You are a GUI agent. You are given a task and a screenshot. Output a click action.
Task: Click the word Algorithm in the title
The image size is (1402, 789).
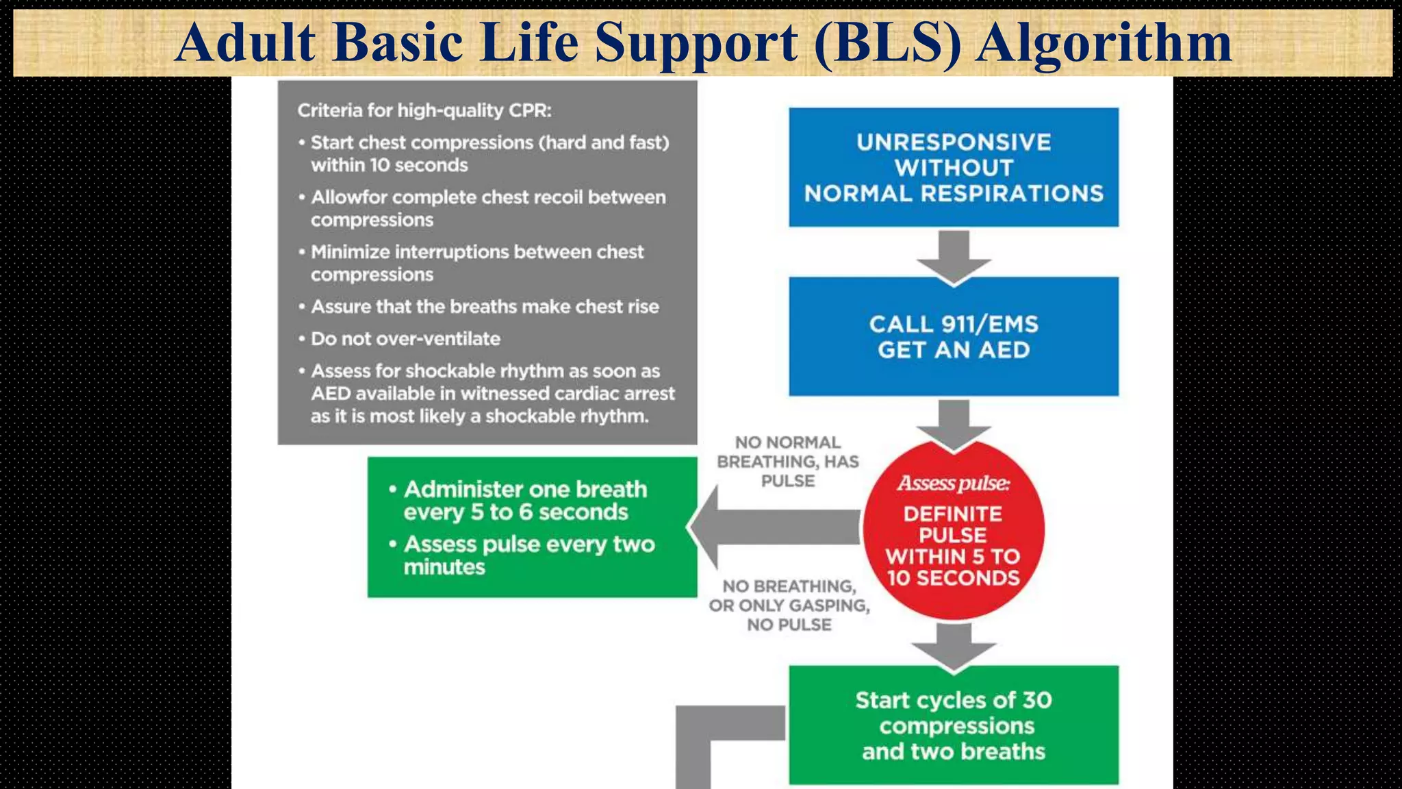click(x=1104, y=42)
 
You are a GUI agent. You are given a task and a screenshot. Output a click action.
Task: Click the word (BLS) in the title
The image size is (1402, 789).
click(x=888, y=42)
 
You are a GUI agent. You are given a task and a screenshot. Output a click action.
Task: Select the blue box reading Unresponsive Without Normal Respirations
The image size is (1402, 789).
click(x=953, y=167)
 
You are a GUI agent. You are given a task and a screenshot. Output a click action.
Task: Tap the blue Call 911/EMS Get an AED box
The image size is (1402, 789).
click(x=953, y=336)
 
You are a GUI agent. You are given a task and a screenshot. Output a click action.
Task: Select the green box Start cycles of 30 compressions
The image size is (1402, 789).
click(x=953, y=725)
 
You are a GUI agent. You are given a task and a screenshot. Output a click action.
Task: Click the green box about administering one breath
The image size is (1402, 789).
click(x=532, y=527)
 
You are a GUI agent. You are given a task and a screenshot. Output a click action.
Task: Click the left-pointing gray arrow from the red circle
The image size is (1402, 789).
click(x=774, y=528)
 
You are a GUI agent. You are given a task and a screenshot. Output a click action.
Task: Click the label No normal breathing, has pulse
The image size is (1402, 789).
click(x=788, y=462)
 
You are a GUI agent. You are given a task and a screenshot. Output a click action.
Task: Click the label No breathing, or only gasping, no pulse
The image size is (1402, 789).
click(x=789, y=605)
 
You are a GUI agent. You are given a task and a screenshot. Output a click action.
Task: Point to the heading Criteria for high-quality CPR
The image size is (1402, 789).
click(x=424, y=110)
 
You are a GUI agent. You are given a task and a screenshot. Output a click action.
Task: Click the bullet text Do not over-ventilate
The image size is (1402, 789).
click(x=405, y=338)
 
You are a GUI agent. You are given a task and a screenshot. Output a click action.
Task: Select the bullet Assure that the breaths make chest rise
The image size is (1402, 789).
click(x=485, y=306)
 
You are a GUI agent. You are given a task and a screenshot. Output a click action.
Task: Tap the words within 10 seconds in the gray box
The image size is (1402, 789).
click(x=389, y=165)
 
